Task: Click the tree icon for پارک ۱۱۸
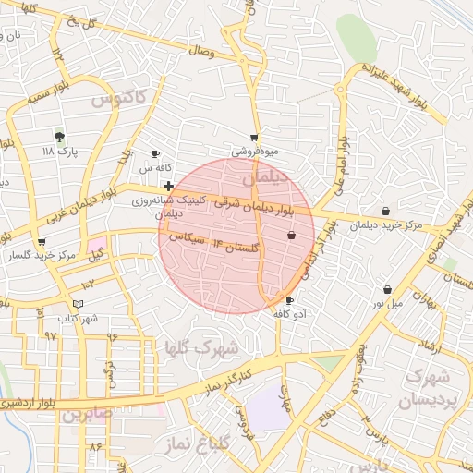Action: [x=60, y=136]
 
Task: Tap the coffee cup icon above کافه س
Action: [x=155, y=153]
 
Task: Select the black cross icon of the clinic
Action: [x=167, y=186]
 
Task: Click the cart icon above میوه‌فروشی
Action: [x=254, y=137]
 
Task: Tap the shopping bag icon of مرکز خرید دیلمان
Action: [x=385, y=212]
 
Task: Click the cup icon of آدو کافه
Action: [x=290, y=301]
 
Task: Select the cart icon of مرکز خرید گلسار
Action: [x=40, y=243]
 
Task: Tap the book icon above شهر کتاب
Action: [x=79, y=304]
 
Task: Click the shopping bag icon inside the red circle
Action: [x=291, y=236]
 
